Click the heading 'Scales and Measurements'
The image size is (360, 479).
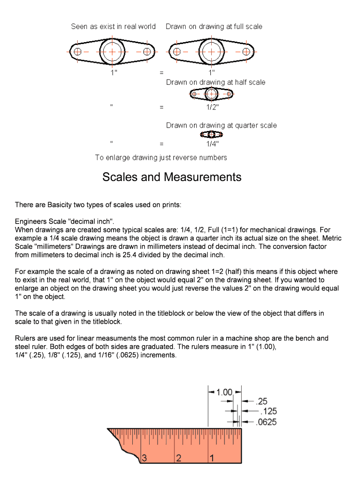click(172, 177)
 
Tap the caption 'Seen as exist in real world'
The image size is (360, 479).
click(113, 27)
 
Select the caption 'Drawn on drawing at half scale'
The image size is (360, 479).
click(216, 82)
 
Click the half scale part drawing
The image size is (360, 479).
click(212, 94)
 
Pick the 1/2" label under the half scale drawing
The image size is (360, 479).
click(212, 107)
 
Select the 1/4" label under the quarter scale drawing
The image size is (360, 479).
click(212, 144)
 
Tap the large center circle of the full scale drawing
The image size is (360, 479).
click(212, 51)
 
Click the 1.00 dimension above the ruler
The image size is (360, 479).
click(224, 392)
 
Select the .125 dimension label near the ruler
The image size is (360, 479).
click(268, 411)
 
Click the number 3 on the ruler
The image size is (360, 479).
click(144, 458)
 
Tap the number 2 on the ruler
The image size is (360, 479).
click(178, 458)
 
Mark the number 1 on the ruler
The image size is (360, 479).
click(212, 458)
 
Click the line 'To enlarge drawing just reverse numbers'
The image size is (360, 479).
click(161, 158)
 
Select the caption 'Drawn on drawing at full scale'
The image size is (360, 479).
click(214, 27)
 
